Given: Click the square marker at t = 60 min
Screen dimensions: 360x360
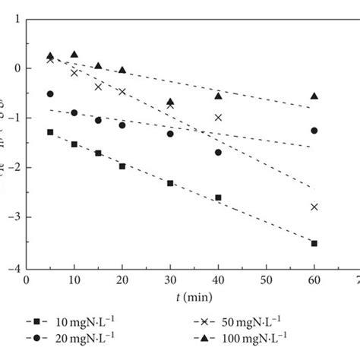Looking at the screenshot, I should pyautogui.click(x=314, y=243).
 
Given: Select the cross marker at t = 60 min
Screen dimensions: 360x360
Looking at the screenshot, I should pyautogui.click(x=314, y=207).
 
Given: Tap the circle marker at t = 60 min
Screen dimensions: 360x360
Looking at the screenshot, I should pyautogui.click(x=314, y=131).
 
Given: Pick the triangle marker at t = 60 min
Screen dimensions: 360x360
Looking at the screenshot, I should pyautogui.click(x=314, y=96).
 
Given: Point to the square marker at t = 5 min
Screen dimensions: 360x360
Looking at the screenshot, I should pyautogui.click(x=50, y=132).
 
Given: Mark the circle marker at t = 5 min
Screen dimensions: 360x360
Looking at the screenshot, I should pyautogui.click(x=50, y=94).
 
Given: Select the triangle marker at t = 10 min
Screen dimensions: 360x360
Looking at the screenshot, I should pyautogui.click(x=74, y=55).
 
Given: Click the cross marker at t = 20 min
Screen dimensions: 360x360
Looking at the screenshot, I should pyautogui.click(x=122, y=92).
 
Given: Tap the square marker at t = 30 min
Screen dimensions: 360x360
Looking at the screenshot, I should pyautogui.click(x=170, y=183).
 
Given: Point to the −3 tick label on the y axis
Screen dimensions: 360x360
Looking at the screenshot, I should pyautogui.click(x=15, y=218).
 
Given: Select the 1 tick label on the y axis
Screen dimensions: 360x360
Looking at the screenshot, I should pyautogui.click(x=17, y=18).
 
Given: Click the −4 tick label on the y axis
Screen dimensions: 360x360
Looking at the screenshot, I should pyautogui.click(x=15, y=267).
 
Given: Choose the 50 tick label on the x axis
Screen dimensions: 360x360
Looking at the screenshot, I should pyautogui.click(x=265, y=280).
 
